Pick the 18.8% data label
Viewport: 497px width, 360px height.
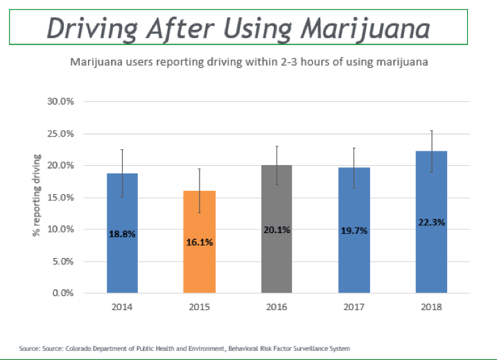(x=122, y=234)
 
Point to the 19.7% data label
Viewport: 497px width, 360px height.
(x=355, y=230)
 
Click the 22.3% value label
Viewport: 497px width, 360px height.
(x=432, y=223)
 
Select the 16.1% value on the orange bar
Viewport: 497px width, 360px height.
(x=200, y=243)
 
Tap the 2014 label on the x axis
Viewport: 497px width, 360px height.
(x=122, y=305)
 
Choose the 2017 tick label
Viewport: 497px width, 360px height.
(x=355, y=305)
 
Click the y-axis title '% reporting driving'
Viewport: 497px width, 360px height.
(x=37, y=194)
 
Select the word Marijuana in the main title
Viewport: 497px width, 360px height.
(x=366, y=28)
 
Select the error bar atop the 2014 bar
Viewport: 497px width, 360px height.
(x=122, y=173)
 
